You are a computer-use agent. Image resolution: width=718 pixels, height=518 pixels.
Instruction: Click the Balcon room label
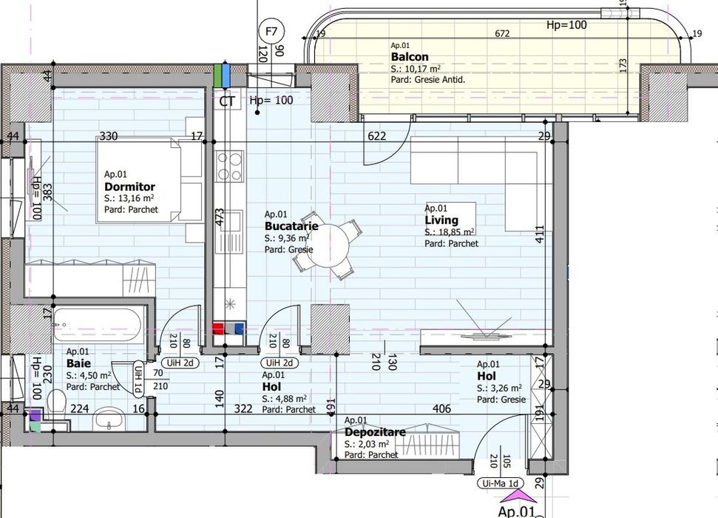pyautogui.click(x=409, y=57)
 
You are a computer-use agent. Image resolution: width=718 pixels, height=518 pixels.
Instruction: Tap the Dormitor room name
pyautogui.click(x=129, y=187)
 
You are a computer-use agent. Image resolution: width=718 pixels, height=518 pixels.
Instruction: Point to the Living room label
pyautogui.click(x=441, y=221)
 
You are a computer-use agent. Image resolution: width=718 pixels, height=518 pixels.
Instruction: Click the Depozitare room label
pyautogui.click(x=376, y=432)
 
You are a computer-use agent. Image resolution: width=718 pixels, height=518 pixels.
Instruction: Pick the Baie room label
pyautogui.click(x=78, y=363)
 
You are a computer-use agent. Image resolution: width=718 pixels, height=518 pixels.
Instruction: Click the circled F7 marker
pyautogui.click(x=272, y=31)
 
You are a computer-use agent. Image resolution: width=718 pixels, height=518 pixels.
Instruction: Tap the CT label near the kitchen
pyautogui.click(x=227, y=101)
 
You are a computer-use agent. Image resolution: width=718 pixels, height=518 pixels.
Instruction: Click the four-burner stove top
pyautogui.click(x=229, y=166)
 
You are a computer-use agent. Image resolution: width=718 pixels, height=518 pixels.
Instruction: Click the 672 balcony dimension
pyautogui.click(x=502, y=33)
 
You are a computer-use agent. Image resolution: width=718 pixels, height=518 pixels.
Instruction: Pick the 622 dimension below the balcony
pyautogui.click(x=376, y=135)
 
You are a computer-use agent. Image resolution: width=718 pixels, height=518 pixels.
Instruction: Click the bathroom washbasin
pyautogui.click(x=110, y=420)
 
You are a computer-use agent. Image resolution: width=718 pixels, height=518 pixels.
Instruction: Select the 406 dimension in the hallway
pyautogui.click(x=441, y=408)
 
